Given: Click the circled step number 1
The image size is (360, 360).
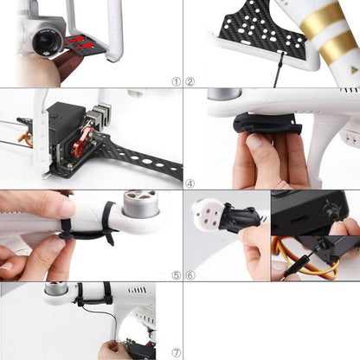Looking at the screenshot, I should point(177,81).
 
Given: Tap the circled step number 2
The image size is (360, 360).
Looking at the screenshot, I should point(190,81).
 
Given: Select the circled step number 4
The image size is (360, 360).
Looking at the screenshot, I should point(190,183).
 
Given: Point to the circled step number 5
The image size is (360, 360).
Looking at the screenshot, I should point(177,275).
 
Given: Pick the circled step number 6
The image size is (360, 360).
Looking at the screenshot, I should point(190,275).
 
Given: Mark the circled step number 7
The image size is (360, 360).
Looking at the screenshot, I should point(177,353).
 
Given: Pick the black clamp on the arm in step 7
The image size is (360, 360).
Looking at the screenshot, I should point(106,292).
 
